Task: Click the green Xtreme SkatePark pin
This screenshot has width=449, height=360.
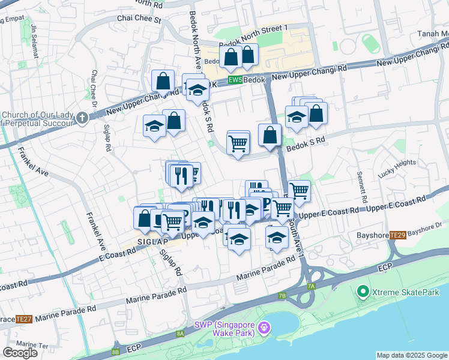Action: pyautogui.click(x=363, y=292)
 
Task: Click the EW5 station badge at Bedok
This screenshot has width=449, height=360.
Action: pyautogui.click(x=235, y=80)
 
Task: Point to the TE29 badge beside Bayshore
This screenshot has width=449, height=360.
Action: pyautogui.click(x=397, y=235)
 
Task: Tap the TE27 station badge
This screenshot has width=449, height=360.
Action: pyautogui.click(x=24, y=319)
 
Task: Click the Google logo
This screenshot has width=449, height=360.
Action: pyautogui.click(x=20, y=353)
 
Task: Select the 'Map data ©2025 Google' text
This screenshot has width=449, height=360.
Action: pyautogui.click(x=411, y=355)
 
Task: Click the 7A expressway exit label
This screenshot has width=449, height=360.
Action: pyautogui.click(x=310, y=287)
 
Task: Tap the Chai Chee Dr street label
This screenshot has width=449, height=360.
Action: pyautogui.click(x=94, y=88)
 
